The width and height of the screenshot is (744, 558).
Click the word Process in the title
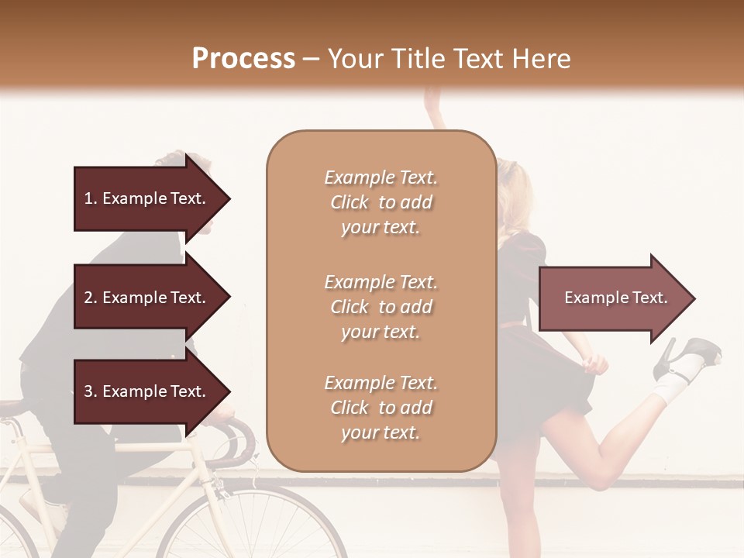click(x=243, y=59)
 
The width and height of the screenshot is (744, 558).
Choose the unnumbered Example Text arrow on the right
click(x=616, y=298)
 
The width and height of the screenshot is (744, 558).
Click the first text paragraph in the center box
click(x=381, y=202)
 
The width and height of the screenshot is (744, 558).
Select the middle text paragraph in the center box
click(x=381, y=307)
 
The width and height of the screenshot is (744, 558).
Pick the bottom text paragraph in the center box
click(x=381, y=408)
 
